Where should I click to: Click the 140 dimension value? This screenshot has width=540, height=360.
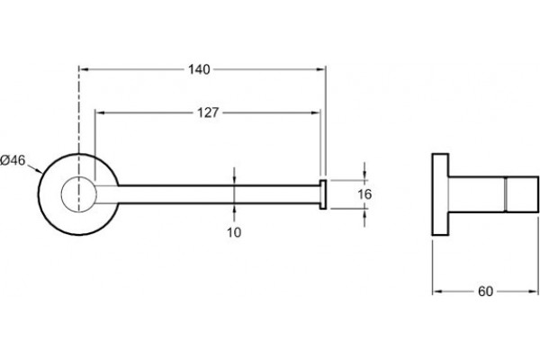199,69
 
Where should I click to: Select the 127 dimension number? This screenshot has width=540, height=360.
208,112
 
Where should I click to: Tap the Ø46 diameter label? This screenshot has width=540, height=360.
13,160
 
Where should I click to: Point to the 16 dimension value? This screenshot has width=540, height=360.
364,194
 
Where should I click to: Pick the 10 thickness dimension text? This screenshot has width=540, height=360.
234,232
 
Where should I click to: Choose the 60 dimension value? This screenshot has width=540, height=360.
485,292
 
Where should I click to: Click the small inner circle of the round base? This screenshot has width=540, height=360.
79,194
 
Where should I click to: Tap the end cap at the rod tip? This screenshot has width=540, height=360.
323,194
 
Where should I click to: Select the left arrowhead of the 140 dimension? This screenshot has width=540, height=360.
84,69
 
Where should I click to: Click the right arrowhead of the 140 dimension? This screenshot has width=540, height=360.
321,69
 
